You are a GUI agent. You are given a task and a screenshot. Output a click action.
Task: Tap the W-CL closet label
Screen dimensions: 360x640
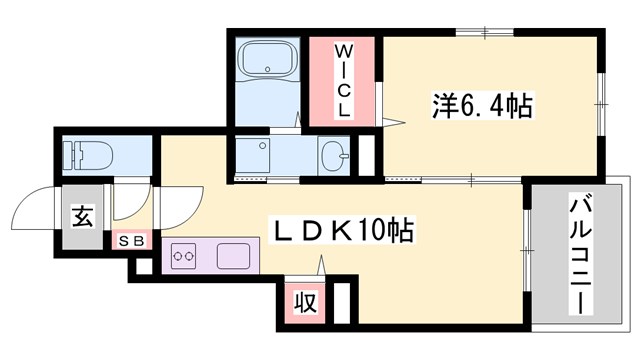[x=342, y=80]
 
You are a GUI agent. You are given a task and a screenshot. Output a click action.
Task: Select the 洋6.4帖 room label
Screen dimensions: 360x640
[x=481, y=103]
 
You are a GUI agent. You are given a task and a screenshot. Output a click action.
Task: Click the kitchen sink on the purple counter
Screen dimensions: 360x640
[x=235, y=255]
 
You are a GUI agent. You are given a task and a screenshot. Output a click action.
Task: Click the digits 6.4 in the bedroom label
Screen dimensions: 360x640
[x=486, y=103]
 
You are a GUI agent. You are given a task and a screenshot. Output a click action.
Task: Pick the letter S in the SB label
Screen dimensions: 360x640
[x=126, y=240]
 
